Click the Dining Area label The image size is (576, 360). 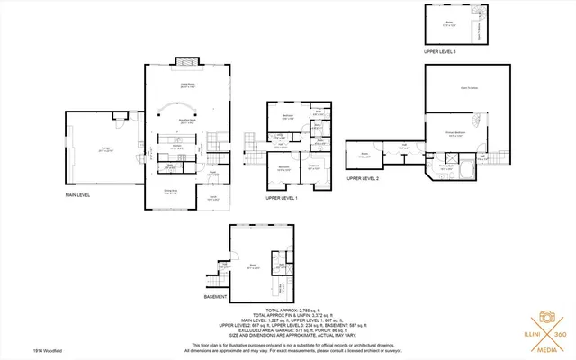pos(169,191)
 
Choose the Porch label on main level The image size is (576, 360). pos(214,198)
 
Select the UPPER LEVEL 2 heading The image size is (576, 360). pos(363,180)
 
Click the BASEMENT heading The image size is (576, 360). pos(216,297)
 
